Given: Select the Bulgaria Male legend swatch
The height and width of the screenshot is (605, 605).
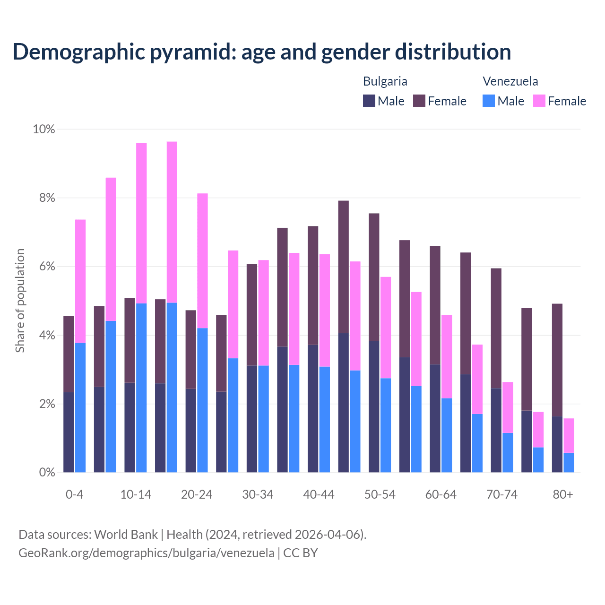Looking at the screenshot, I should [x=369, y=101].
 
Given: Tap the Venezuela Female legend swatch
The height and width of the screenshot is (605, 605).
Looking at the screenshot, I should [x=539, y=101].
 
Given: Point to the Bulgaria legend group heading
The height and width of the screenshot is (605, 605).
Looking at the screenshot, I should [x=385, y=81].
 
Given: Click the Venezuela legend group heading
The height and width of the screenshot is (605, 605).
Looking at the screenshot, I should [x=510, y=81].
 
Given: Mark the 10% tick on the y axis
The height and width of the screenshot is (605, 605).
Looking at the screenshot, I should [x=44, y=129].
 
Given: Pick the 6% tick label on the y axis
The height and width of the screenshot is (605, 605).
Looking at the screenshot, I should [x=47, y=267].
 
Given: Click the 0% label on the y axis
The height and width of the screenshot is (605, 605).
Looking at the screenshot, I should [x=47, y=472].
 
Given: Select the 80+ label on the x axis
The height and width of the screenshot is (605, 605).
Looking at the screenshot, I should [x=563, y=495].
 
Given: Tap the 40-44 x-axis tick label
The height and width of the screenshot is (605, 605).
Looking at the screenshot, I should [x=319, y=495].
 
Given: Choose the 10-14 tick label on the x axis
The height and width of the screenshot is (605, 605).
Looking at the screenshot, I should [x=136, y=495].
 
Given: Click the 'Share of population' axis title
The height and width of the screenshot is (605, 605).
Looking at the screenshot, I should [x=20, y=301].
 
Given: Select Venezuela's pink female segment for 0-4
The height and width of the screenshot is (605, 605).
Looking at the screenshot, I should [x=80, y=281].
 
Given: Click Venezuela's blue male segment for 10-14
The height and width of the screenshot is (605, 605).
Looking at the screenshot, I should [x=141, y=388].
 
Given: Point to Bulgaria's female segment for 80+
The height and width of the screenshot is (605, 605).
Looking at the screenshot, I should [x=557, y=360].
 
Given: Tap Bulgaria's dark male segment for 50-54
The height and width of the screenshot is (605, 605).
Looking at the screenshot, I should [x=374, y=406].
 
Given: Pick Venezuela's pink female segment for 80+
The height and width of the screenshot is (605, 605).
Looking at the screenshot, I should [x=569, y=435].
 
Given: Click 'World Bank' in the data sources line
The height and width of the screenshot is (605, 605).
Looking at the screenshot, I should [x=126, y=535].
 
